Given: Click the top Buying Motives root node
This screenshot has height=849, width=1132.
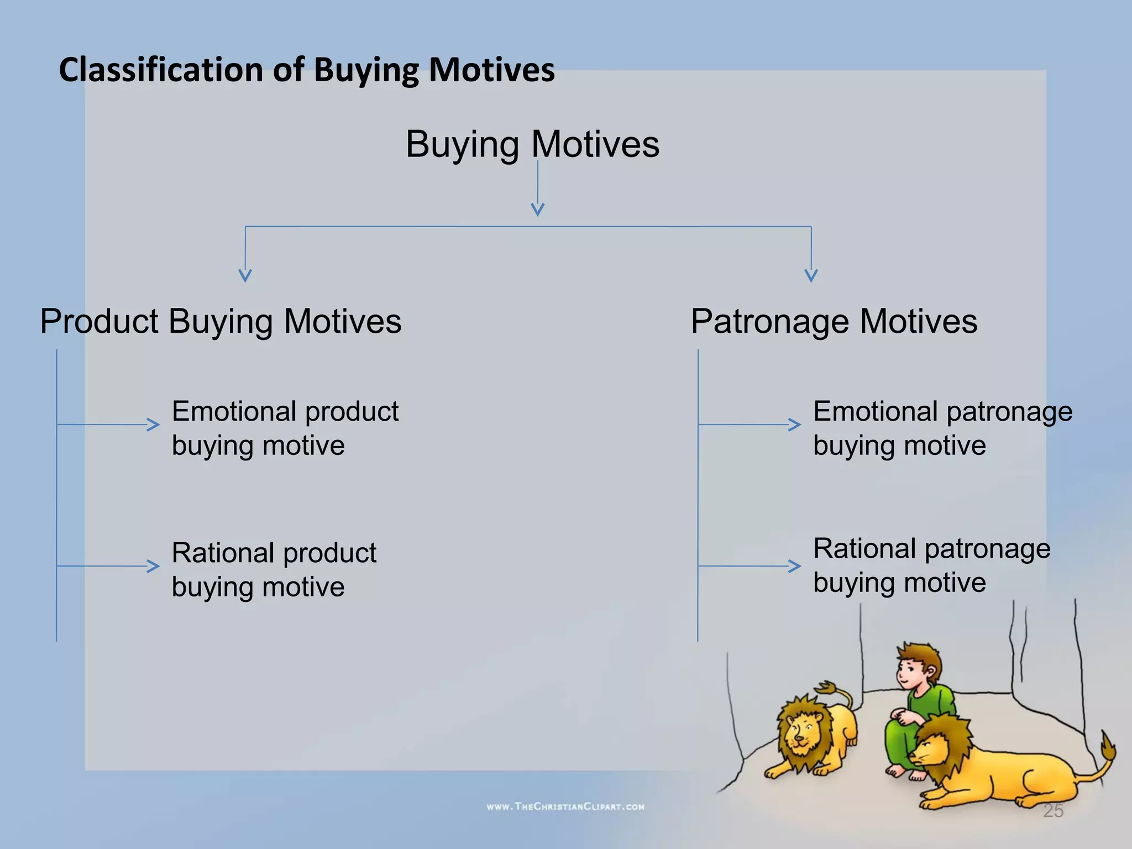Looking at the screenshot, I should [532, 144].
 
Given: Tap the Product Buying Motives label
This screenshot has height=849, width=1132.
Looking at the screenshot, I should [221, 321].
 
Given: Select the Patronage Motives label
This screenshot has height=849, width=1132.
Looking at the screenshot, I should [834, 321].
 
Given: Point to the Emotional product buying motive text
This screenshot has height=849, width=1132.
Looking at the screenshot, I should [285, 428].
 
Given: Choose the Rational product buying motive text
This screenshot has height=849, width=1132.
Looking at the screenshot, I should [274, 569].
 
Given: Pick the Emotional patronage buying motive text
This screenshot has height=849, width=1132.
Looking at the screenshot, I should [942, 428].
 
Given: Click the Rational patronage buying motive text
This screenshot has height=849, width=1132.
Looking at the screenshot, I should [931, 565].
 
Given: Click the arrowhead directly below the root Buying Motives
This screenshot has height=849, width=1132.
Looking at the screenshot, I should [537, 209].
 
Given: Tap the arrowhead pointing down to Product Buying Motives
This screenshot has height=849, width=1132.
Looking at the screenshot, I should [245, 275].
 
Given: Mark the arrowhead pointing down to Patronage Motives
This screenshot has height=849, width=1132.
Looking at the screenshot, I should [811, 275].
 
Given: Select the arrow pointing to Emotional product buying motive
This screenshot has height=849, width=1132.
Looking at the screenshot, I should [153, 424].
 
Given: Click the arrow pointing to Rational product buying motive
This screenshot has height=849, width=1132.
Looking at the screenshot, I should [153, 566].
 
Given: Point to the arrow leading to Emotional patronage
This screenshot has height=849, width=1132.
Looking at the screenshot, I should [794, 424].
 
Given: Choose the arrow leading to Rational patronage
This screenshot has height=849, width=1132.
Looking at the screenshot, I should [794, 566].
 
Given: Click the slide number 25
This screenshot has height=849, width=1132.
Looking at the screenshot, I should [1053, 811].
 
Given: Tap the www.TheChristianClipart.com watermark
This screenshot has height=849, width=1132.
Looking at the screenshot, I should [565, 806].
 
